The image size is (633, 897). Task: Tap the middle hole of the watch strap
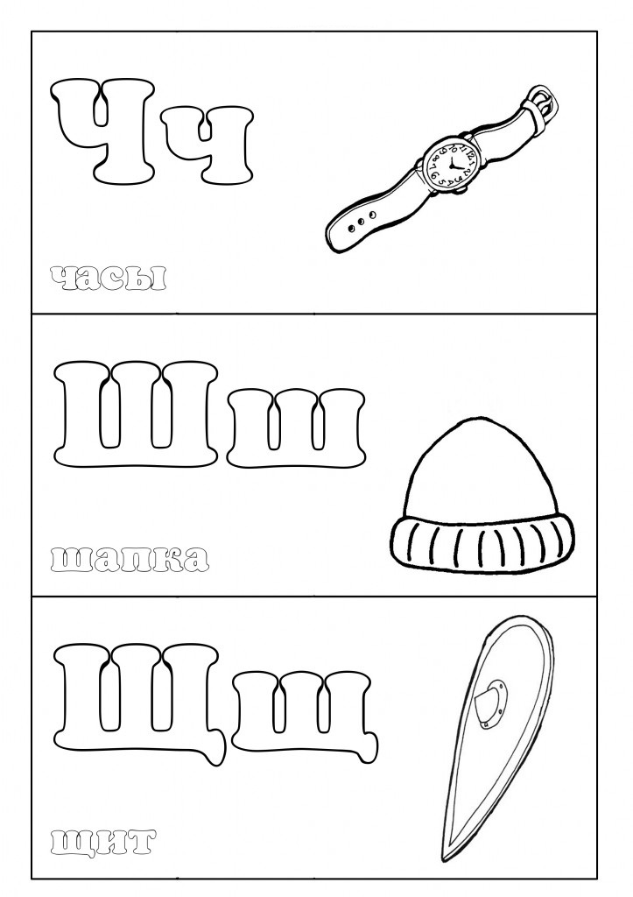tap(360, 221)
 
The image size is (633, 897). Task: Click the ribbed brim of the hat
tap(482, 540)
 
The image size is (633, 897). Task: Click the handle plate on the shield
tap(491, 703)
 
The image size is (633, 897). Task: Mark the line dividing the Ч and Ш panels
tap(314, 314)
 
